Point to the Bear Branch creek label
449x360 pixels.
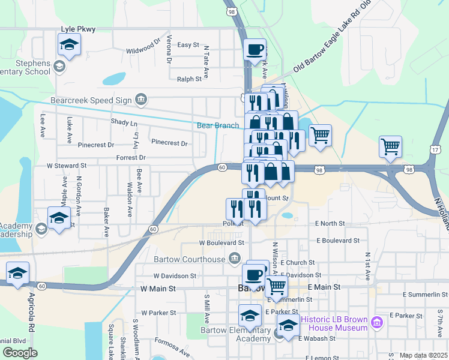pos(218,125)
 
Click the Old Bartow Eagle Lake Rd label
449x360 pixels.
pos(336,47)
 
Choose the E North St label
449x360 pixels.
pos(330,223)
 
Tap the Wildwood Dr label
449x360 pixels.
pos(143,48)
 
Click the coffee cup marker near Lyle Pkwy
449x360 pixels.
pos(255,49)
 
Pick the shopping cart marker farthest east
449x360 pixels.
pos(391,146)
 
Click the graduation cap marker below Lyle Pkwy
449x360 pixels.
pos(70,44)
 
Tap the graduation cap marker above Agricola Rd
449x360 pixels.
pos(18,273)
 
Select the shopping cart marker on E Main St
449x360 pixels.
pos(276,286)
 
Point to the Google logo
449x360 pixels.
pos(20,353)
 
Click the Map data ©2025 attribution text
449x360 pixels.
pos(424,355)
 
